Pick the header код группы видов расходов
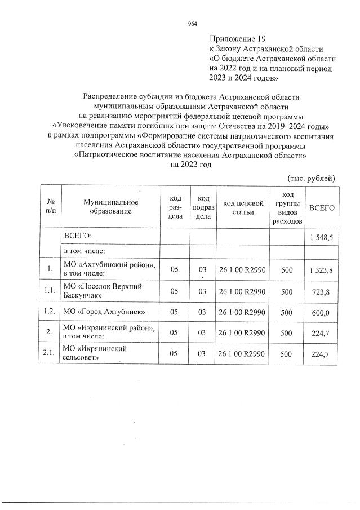286,208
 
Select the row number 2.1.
50,353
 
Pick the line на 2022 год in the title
190,165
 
